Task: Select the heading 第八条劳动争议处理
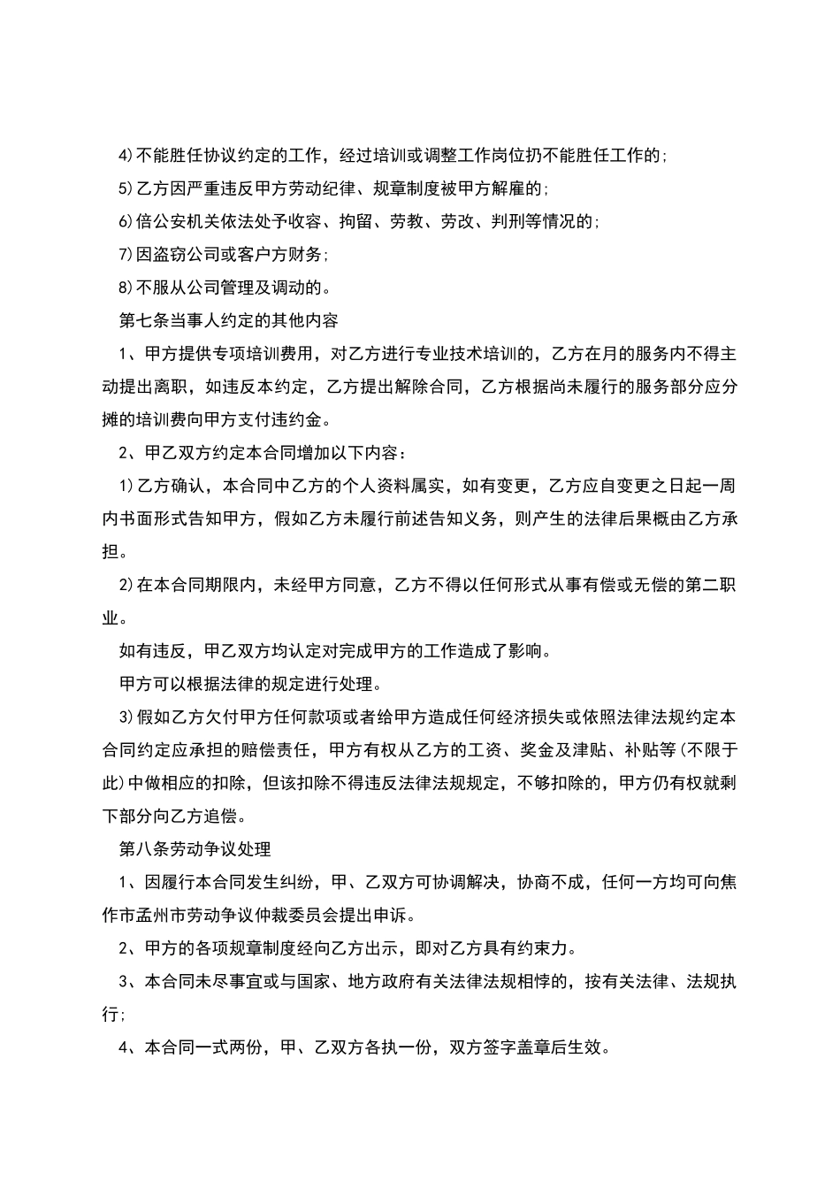195,848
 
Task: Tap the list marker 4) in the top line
126,157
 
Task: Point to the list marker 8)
126,287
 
